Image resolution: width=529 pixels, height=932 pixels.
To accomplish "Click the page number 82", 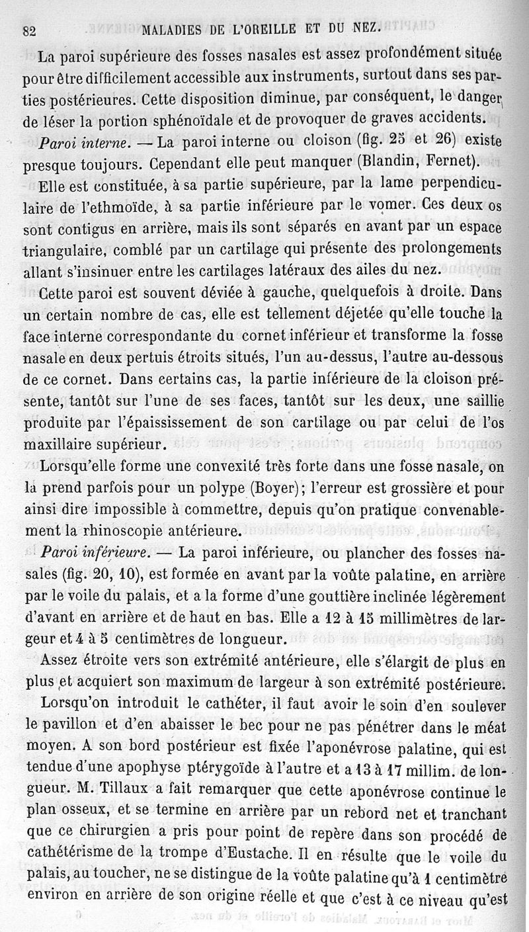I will [x=28, y=31].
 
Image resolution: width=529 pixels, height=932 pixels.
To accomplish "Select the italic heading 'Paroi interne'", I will [x=85, y=142].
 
